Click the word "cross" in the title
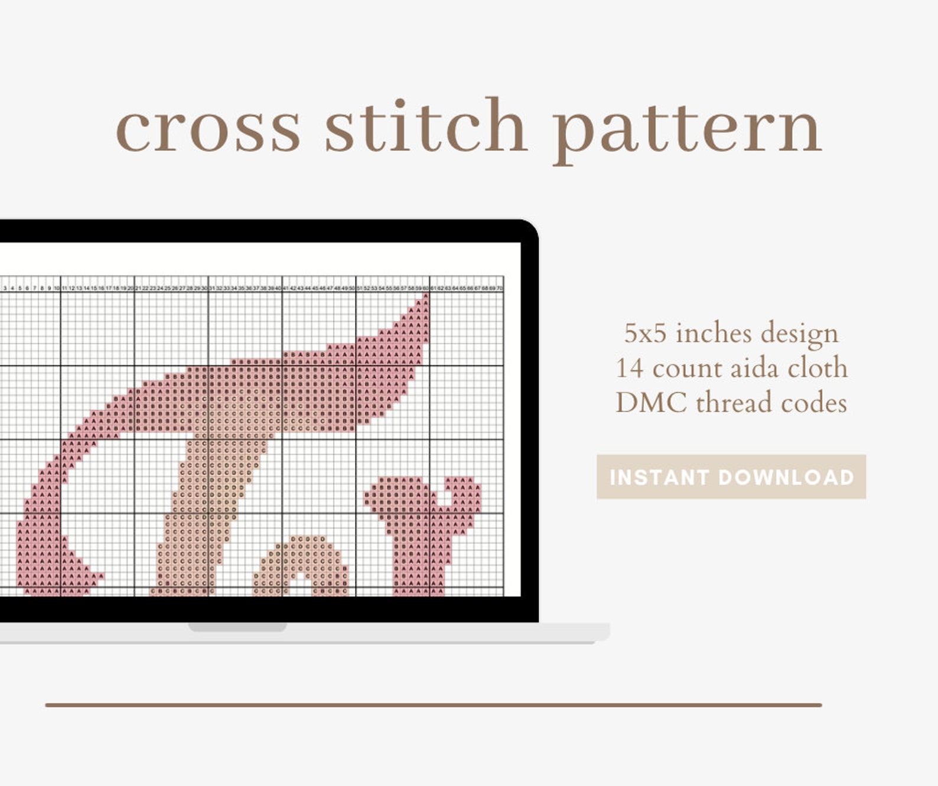point(208,128)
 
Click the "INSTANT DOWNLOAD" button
point(731,477)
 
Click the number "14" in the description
point(630,368)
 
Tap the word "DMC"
point(651,403)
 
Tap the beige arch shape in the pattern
point(301,561)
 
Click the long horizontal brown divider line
point(434,705)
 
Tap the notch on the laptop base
point(237,627)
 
